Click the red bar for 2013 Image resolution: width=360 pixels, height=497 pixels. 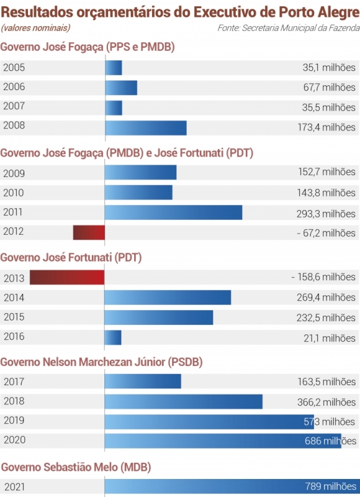pos(67,277)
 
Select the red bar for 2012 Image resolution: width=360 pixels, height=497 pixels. pos(89,232)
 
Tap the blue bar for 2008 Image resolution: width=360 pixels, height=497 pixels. pos(146,127)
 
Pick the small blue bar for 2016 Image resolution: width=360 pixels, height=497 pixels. pos(113,337)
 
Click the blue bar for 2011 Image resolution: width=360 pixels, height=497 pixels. pos(173,212)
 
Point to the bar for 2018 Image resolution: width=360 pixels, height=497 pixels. pos(184,401)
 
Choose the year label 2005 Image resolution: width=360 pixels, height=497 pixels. pos(14,68)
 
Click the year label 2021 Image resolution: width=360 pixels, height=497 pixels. pos(14,486)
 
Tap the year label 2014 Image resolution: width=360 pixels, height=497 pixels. pos(14,298)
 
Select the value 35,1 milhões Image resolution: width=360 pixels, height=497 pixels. pos(329,68)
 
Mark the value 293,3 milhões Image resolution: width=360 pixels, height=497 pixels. pos(326,213)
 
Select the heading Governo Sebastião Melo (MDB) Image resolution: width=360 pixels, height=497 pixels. pos(76,467)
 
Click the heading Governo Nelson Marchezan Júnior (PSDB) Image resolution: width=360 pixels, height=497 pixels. pos(102,362)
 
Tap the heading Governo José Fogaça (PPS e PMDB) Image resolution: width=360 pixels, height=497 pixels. pos(88,47)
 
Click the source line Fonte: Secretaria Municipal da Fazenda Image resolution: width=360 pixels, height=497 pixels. pos(288,28)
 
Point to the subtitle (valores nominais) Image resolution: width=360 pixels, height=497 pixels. pos(35,28)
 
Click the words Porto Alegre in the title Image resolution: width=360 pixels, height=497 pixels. pos(320,11)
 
